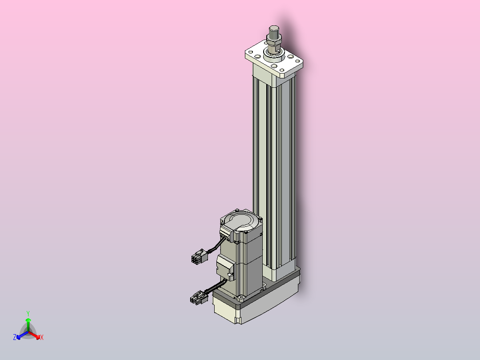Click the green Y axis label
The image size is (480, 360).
(28, 313)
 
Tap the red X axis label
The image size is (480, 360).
(42, 337)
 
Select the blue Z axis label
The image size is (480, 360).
(15, 337)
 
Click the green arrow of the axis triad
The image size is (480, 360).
(28, 325)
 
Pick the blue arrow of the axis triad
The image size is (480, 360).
(22, 335)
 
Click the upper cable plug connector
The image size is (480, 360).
(199, 256)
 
